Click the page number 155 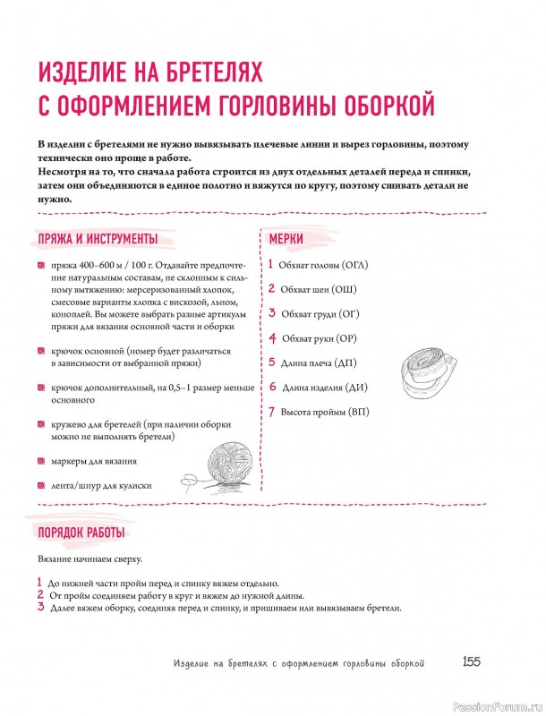[472, 662]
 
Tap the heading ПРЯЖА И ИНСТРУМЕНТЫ [98, 239]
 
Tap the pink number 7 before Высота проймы [271, 412]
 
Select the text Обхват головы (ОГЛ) [323, 266]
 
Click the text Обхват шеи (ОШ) [318, 290]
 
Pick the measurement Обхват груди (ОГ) [320, 314]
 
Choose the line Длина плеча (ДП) [320, 363]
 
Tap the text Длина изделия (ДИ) [325, 388]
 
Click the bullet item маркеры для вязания [94, 461]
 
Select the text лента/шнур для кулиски [101, 485]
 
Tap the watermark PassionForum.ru [498, 705]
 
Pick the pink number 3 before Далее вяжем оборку [41, 607]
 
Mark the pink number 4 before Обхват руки [272, 339]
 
